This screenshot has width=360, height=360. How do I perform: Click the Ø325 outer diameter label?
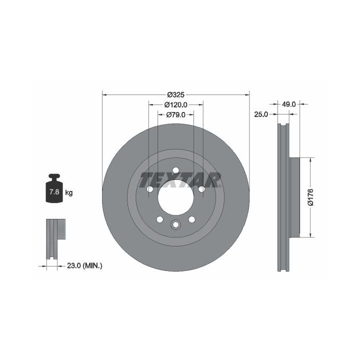pos(176,94)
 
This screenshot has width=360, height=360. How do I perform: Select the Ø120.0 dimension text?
pos(176,104)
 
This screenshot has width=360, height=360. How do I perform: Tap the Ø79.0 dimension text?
pos(176,114)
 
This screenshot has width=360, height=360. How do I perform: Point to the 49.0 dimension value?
pos(288,104)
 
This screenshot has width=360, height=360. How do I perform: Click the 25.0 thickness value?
pos(261,114)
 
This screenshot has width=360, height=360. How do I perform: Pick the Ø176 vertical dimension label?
pos(310,197)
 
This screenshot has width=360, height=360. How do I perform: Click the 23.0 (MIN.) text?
pos(84,266)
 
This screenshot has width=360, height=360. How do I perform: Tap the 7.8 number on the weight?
pos(54,191)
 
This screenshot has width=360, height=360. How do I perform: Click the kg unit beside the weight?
pos(69,192)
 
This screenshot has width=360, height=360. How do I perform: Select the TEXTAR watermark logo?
pos(180,180)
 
